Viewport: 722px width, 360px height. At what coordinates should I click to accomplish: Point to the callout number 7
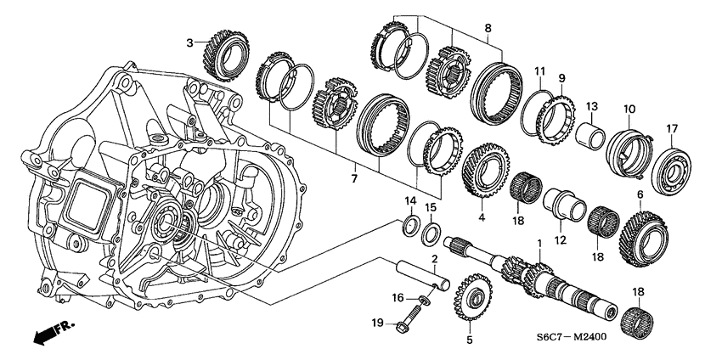click(x=343, y=179)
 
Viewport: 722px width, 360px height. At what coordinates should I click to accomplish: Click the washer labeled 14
click(x=409, y=225)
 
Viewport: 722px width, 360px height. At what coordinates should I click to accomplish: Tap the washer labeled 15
click(x=432, y=232)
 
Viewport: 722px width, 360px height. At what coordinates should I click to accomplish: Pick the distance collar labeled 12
click(x=561, y=205)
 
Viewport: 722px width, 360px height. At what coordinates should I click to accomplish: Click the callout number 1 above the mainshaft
click(x=538, y=244)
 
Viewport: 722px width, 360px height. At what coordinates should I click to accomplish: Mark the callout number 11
click(x=539, y=70)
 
